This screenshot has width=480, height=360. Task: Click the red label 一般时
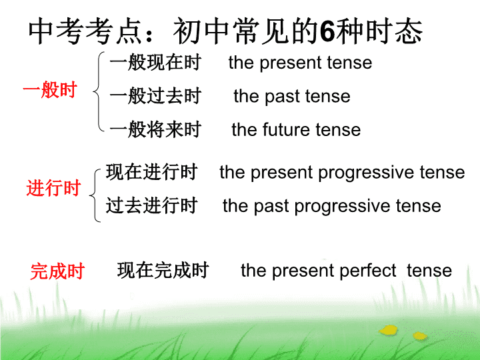[x=50, y=90]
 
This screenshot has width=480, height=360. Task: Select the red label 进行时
[x=53, y=187]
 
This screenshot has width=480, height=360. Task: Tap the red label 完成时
[x=57, y=271]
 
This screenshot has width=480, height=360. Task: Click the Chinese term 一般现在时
[x=155, y=63]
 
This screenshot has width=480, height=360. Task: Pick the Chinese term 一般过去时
[x=155, y=96]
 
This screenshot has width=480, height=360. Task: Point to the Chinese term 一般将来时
[x=155, y=129]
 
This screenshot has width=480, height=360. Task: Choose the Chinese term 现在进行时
[x=151, y=172]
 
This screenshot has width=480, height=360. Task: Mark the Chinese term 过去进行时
[x=151, y=205]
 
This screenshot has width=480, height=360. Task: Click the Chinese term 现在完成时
[x=163, y=270]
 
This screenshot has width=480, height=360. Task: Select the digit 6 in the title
[x=327, y=31]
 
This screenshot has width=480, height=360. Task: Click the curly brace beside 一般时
[x=98, y=91]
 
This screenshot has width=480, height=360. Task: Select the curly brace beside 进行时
[x=95, y=195]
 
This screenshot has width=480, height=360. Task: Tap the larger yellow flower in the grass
[x=389, y=330]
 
